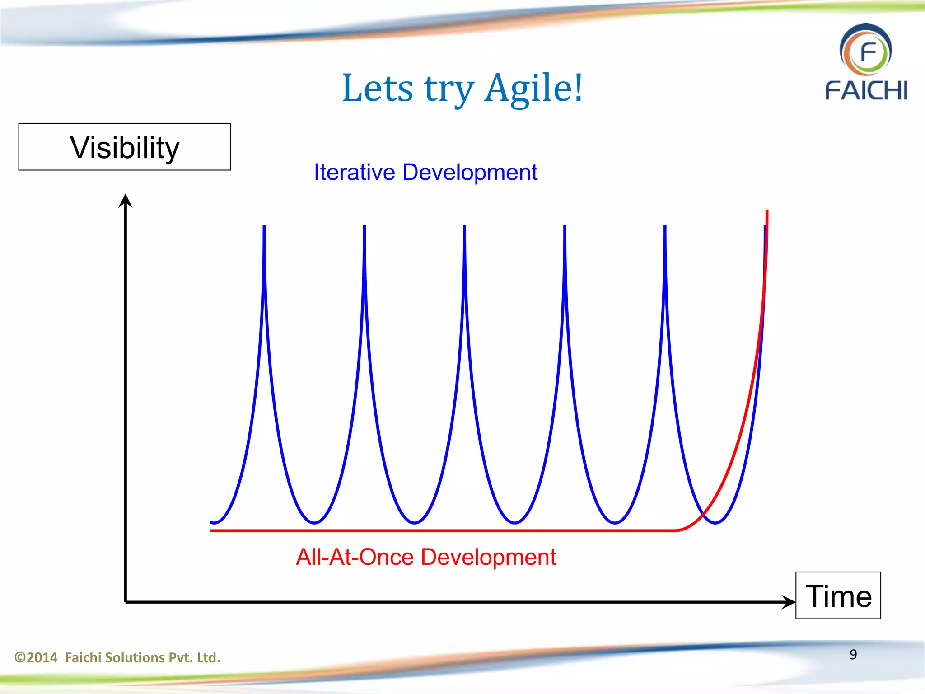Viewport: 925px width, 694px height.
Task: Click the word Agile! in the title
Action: (x=534, y=88)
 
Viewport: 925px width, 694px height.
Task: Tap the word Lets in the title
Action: (x=378, y=88)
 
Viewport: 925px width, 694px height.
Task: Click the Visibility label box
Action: (x=125, y=147)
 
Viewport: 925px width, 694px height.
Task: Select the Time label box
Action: (x=838, y=596)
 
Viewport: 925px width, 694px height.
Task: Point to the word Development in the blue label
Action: (x=470, y=172)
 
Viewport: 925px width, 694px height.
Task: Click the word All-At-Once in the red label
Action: (x=355, y=557)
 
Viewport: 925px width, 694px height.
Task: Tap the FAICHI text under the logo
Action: (x=866, y=90)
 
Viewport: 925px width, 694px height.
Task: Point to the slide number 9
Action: (x=853, y=654)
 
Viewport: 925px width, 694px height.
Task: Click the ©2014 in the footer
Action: (x=36, y=657)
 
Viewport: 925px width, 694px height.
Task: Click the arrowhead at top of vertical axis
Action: (x=125, y=200)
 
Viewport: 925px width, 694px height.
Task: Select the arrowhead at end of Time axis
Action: (x=789, y=602)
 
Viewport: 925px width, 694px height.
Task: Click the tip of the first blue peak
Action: (x=264, y=227)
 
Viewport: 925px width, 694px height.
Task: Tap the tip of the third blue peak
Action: (x=464, y=227)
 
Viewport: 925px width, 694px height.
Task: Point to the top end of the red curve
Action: (x=767, y=211)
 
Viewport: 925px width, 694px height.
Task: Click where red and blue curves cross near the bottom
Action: (x=703, y=515)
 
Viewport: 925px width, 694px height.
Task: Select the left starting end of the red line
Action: (x=212, y=530)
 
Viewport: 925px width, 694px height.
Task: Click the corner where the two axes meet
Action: (x=126, y=602)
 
